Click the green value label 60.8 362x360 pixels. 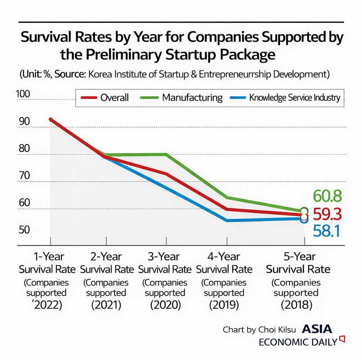tap(328, 196)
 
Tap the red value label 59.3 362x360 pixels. tap(328, 213)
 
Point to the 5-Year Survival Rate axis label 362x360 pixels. tap(298, 263)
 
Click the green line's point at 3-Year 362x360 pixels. tap(166, 154)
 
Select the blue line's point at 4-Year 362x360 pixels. tap(227, 220)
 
